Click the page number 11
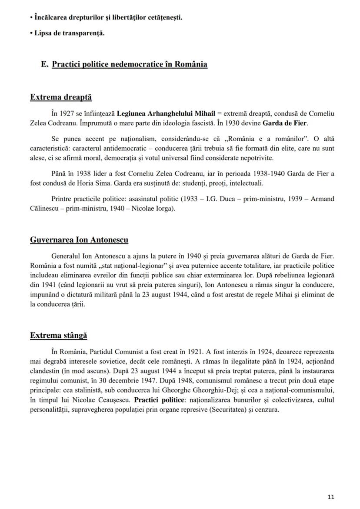(331, 497)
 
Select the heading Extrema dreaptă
(61, 97)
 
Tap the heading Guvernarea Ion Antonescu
(79, 240)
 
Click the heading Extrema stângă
(58, 335)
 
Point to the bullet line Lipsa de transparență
(70, 33)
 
